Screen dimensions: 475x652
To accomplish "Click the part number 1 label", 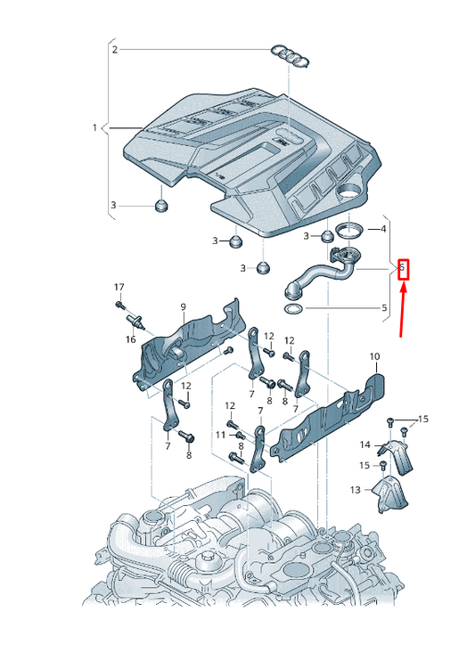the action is tap(94, 127).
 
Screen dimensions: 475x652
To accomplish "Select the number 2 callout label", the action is tap(115, 50).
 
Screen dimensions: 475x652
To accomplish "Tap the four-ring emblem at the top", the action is tap(290, 56).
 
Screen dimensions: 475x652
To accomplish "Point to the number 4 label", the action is tap(383, 229).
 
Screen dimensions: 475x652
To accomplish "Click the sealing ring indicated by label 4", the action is tap(349, 230).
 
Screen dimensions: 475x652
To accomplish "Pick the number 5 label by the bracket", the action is tap(384, 308).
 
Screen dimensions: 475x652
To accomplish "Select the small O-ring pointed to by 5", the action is tap(293, 309).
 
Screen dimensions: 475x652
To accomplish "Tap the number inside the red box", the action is tap(402, 268).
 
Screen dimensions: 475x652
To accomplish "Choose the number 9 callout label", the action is tap(183, 307).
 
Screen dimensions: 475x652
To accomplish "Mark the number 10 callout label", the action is tap(374, 356).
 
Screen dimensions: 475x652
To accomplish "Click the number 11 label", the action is tap(220, 435).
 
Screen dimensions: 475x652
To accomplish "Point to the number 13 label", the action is tap(355, 490).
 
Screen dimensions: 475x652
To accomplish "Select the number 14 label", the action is tap(364, 445).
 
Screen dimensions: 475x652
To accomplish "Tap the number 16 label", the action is tap(131, 339).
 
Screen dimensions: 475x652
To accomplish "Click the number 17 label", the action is tap(119, 288).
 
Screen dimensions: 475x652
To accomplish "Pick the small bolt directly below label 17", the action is tap(120, 306).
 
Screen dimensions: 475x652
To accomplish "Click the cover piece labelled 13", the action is tap(390, 495).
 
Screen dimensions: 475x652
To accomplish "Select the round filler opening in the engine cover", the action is tap(348, 192).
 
